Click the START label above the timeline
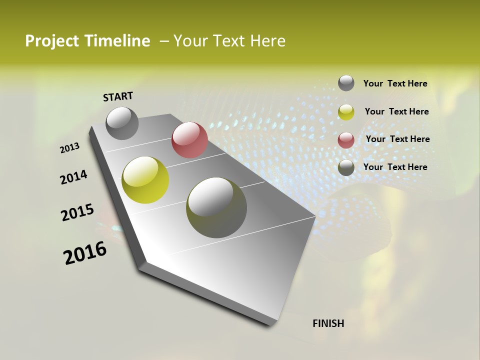point(118,96)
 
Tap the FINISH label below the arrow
point(328,323)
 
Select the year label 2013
point(70,148)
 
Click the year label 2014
point(74,177)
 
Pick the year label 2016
point(85,253)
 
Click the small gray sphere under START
point(122,123)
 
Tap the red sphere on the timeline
point(189,140)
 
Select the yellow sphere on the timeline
point(145,180)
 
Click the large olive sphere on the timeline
point(216,207)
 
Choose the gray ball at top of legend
point(346,83)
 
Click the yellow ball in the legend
point(346,112)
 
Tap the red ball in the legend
point(346,140)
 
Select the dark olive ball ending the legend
point(346,167)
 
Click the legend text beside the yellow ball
point(396,111)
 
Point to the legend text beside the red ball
point(397,139)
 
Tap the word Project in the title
point(52,41)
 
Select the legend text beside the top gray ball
point(395,83)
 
